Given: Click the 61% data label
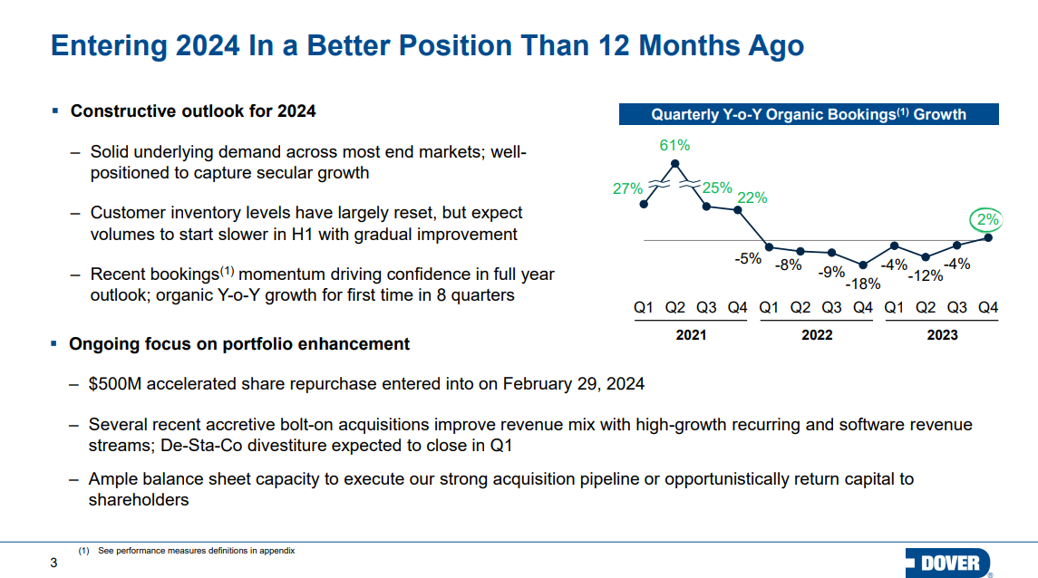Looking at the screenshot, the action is tap(674, 145).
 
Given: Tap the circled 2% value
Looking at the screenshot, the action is tap(987, 219).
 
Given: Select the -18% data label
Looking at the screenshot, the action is tap(863, 284).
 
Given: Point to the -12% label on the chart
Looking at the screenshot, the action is tap(926, 275).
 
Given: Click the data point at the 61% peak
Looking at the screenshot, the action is tap(674, 163).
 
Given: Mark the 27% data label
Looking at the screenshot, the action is tap(627, 188).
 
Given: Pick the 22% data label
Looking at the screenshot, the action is tap(752, 197).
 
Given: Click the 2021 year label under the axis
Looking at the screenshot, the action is tap(691, 335).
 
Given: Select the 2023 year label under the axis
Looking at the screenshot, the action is tap(942, 335).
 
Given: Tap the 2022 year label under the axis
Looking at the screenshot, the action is tap(817, 335).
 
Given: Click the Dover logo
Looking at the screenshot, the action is tap(948, 563).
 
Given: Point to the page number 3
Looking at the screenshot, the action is tap(53, 563).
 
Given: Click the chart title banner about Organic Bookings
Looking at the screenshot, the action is tap(809, 114).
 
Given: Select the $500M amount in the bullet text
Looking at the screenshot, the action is tap(115, 384).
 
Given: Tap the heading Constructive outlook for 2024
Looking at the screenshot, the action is tap(193, 111).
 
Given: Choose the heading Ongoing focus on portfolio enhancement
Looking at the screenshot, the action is tap(239, 344).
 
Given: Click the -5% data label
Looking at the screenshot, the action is tap(748, 258).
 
